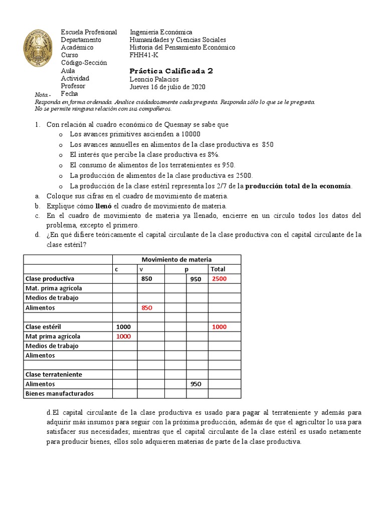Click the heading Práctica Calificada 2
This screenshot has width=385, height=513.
pos(171,71)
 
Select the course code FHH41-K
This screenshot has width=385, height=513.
pos(143,55)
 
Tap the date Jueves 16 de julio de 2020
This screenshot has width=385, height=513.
pos(167,87)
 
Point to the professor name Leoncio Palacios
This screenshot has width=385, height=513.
pos(154,79)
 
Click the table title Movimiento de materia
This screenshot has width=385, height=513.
pos(176,260)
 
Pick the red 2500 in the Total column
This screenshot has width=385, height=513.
pos(219,279)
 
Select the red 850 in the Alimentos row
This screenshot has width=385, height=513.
pos(146,308)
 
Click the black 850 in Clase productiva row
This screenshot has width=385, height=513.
pos(146,279)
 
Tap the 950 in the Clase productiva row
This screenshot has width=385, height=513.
pos(196,279)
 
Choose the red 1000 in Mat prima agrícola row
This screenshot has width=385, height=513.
pos(123,336)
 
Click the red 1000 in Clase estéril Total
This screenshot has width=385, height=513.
pos(219,327)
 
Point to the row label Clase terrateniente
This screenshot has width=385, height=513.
pos(54,374)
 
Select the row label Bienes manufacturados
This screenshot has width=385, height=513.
pos(59,393)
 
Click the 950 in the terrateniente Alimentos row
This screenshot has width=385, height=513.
pos(196,384)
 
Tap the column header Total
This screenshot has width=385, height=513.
pos(218,269)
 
